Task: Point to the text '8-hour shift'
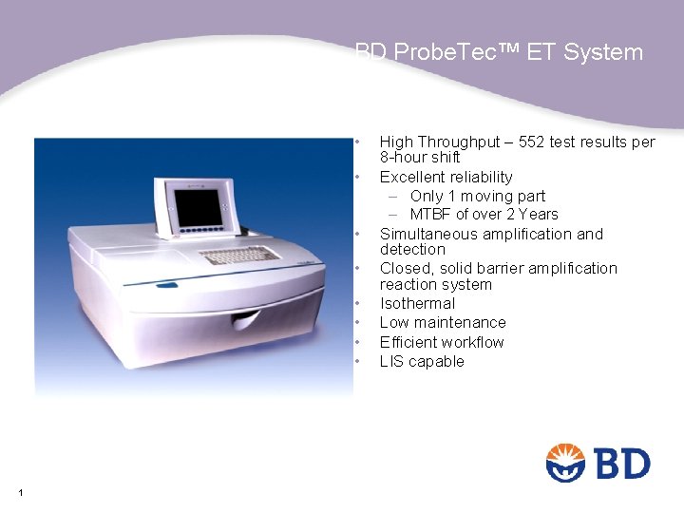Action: pos(419,158)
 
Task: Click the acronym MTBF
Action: pos(431,215)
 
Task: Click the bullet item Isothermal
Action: pos(417,304)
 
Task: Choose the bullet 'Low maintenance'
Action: pos(443,323)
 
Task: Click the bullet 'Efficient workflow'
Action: pos(442,342)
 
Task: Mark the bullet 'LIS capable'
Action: pos(422,361)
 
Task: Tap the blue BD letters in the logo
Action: pos(622,465)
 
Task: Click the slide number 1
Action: pos(20,492)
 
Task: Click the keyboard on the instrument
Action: pos(239,256)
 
